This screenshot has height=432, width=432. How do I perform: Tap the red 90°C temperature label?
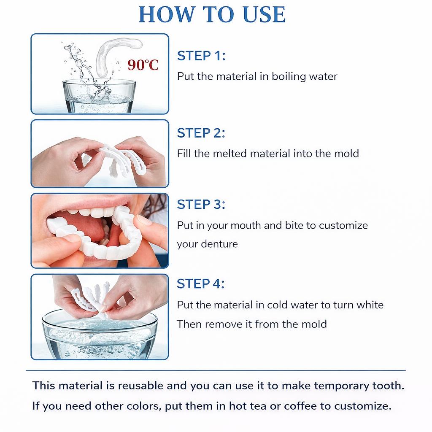point(143,65)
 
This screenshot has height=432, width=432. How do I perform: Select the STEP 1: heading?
point(201,56)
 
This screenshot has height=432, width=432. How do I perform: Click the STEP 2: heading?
point(201,133)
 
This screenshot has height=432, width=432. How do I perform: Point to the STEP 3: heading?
point(201,205)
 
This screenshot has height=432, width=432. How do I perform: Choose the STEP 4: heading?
point(201,284)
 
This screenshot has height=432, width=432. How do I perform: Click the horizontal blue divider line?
point(216,370)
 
